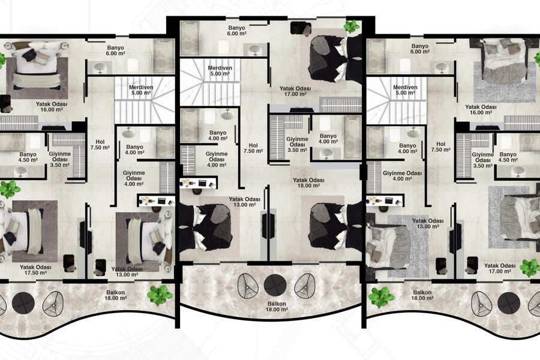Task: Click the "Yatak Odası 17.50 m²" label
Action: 35,270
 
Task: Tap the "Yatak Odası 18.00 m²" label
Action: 308,182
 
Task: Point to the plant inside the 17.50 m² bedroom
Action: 9,189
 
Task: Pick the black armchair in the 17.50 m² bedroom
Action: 69,263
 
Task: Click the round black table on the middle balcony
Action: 275,285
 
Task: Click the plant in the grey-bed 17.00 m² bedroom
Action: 530,268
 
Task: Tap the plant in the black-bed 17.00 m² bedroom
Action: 352,26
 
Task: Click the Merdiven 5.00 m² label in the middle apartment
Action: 220,71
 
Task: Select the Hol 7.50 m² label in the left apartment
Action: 100,145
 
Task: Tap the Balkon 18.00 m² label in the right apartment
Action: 422,295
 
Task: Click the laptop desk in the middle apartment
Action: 199,182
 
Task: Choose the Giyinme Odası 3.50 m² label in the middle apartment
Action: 297,145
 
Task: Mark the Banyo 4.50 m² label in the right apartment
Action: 508,157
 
